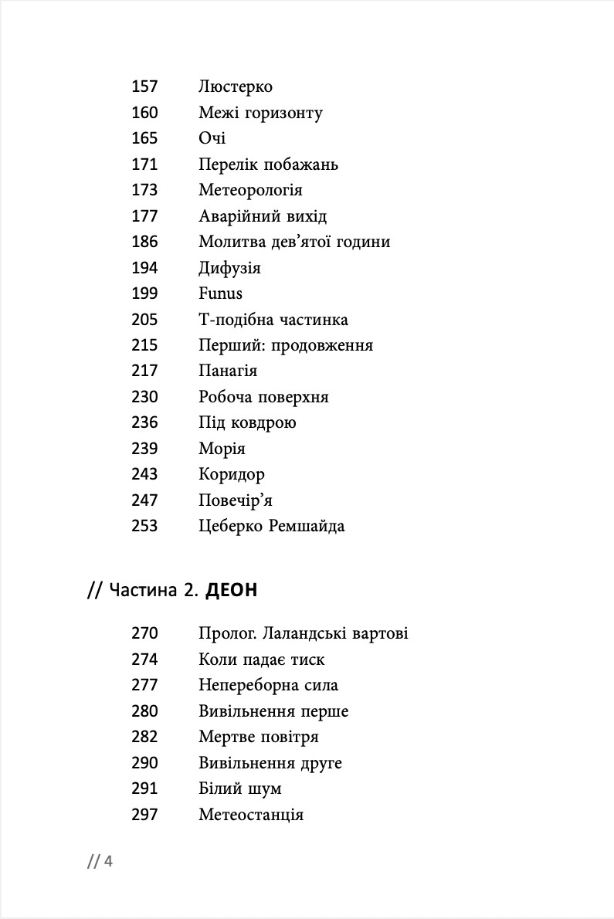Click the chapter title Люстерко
[235, 87]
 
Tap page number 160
[144, 113]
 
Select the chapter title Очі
[212, 139]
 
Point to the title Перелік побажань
[268, 164]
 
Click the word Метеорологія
[250, 190]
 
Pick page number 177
[144, 216]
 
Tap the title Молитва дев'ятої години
[294, 242]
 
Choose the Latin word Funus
[220, 293]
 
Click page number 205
[144, 320]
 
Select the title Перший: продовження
[286, 345]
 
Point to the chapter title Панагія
[228, 371]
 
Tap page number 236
[144, 423]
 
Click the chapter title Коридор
[232, 474]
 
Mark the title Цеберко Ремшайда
[272, 527]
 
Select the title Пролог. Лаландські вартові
[304, 634]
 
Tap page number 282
[144, 737]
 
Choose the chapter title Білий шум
[240, 788]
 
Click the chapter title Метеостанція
[251, 815]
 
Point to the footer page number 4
[108, 862]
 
